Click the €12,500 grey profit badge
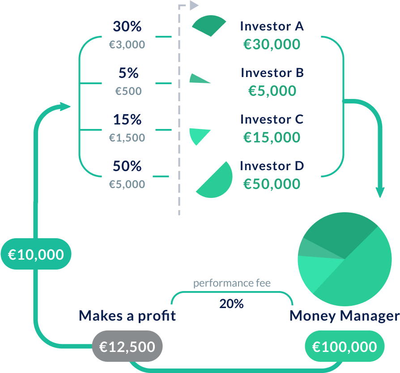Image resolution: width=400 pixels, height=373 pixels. pyautogui.click(x=127, y=347)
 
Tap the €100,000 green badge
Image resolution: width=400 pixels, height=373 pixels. pyautogui.click(x=345, y=347)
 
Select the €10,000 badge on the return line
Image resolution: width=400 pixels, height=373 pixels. pyautogui.click(x=36, y=254)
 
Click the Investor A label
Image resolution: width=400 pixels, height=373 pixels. pyautogui.click(x=272, y=26)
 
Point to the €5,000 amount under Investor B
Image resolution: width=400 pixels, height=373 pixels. pyautogui.click(x=272, y=91)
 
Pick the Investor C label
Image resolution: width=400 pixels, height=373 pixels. pyautogui.click(x=272, y=120)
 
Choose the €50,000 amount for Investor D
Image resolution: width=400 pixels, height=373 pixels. pyautogui.click(x=272, y=184)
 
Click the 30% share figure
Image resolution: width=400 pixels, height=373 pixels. pyautogui.click(x=127, y=26)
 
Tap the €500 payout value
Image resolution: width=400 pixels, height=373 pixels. pyautogui.click(x=128, y=91)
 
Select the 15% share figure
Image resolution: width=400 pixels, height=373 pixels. pyautogui.click(x=127, y=120)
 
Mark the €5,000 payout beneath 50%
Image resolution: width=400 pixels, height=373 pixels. pyautogui.click(x=127, y=184)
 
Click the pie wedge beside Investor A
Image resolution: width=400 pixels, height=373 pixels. pyautogui.click(x=209, y=26)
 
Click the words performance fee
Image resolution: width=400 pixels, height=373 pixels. pyautogui.click(x=232, y=283)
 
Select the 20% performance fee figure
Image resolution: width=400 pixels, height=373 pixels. pyautogui.click(x=231, y=304)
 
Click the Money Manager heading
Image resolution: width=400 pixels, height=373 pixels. pyautogui.click(x=344, y=316)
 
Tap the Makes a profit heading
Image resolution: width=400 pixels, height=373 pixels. pyautogui.click(x=127, y=316)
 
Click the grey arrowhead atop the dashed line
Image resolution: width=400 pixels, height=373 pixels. pyautogui.click(x=193, y=5)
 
